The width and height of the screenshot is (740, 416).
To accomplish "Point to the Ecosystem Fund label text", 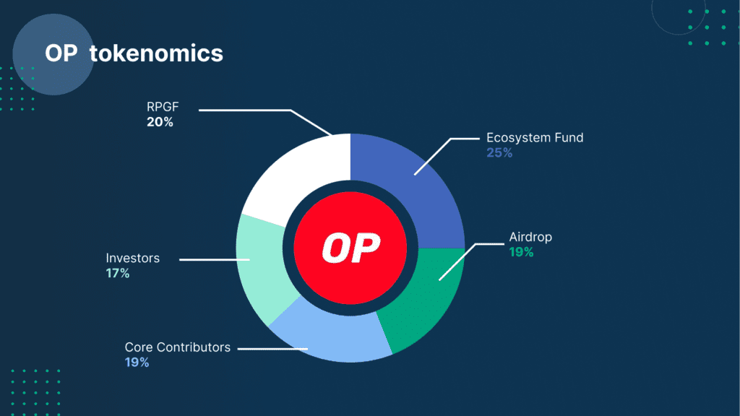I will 534,138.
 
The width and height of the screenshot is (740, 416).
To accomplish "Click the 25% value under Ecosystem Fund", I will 499,152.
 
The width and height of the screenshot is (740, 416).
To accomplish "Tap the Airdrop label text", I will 530,238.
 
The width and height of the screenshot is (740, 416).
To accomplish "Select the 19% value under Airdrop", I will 520,252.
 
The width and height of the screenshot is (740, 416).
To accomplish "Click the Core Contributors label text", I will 177,347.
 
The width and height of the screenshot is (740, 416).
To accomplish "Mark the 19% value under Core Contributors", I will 137,362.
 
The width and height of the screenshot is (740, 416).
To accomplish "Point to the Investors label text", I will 132,258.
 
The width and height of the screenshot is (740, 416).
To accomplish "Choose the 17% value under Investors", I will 118,273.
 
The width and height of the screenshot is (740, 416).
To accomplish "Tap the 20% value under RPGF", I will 160,122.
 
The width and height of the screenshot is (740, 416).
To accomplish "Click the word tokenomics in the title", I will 156,53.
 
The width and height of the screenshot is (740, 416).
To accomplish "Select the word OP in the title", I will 61,53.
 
